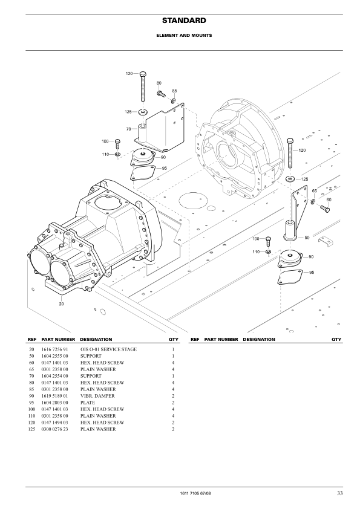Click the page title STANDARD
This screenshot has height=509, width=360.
click(x=180, y=21)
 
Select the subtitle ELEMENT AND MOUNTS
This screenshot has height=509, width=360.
click(x=180, y=35)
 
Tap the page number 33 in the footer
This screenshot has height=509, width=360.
click(x=340, y=494)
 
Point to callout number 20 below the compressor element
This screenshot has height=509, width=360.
click(x=61, y=304)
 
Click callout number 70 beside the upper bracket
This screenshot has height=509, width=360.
click(x=128, y=129)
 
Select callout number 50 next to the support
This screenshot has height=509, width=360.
click(x=307, y=238)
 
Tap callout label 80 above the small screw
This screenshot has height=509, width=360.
click(x=159, y=82)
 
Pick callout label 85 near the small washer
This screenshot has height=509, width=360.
click(x=174, y=91)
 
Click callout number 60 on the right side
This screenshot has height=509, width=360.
click(x=329, y=199)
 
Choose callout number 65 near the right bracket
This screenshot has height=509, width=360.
click(x=314, y=191)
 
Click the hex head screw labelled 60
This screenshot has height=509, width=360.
click(x=324, y=209)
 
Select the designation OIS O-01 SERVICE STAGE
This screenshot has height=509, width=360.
click(x=108, y=349)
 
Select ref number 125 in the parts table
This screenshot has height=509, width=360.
click(x=31, y=429)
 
